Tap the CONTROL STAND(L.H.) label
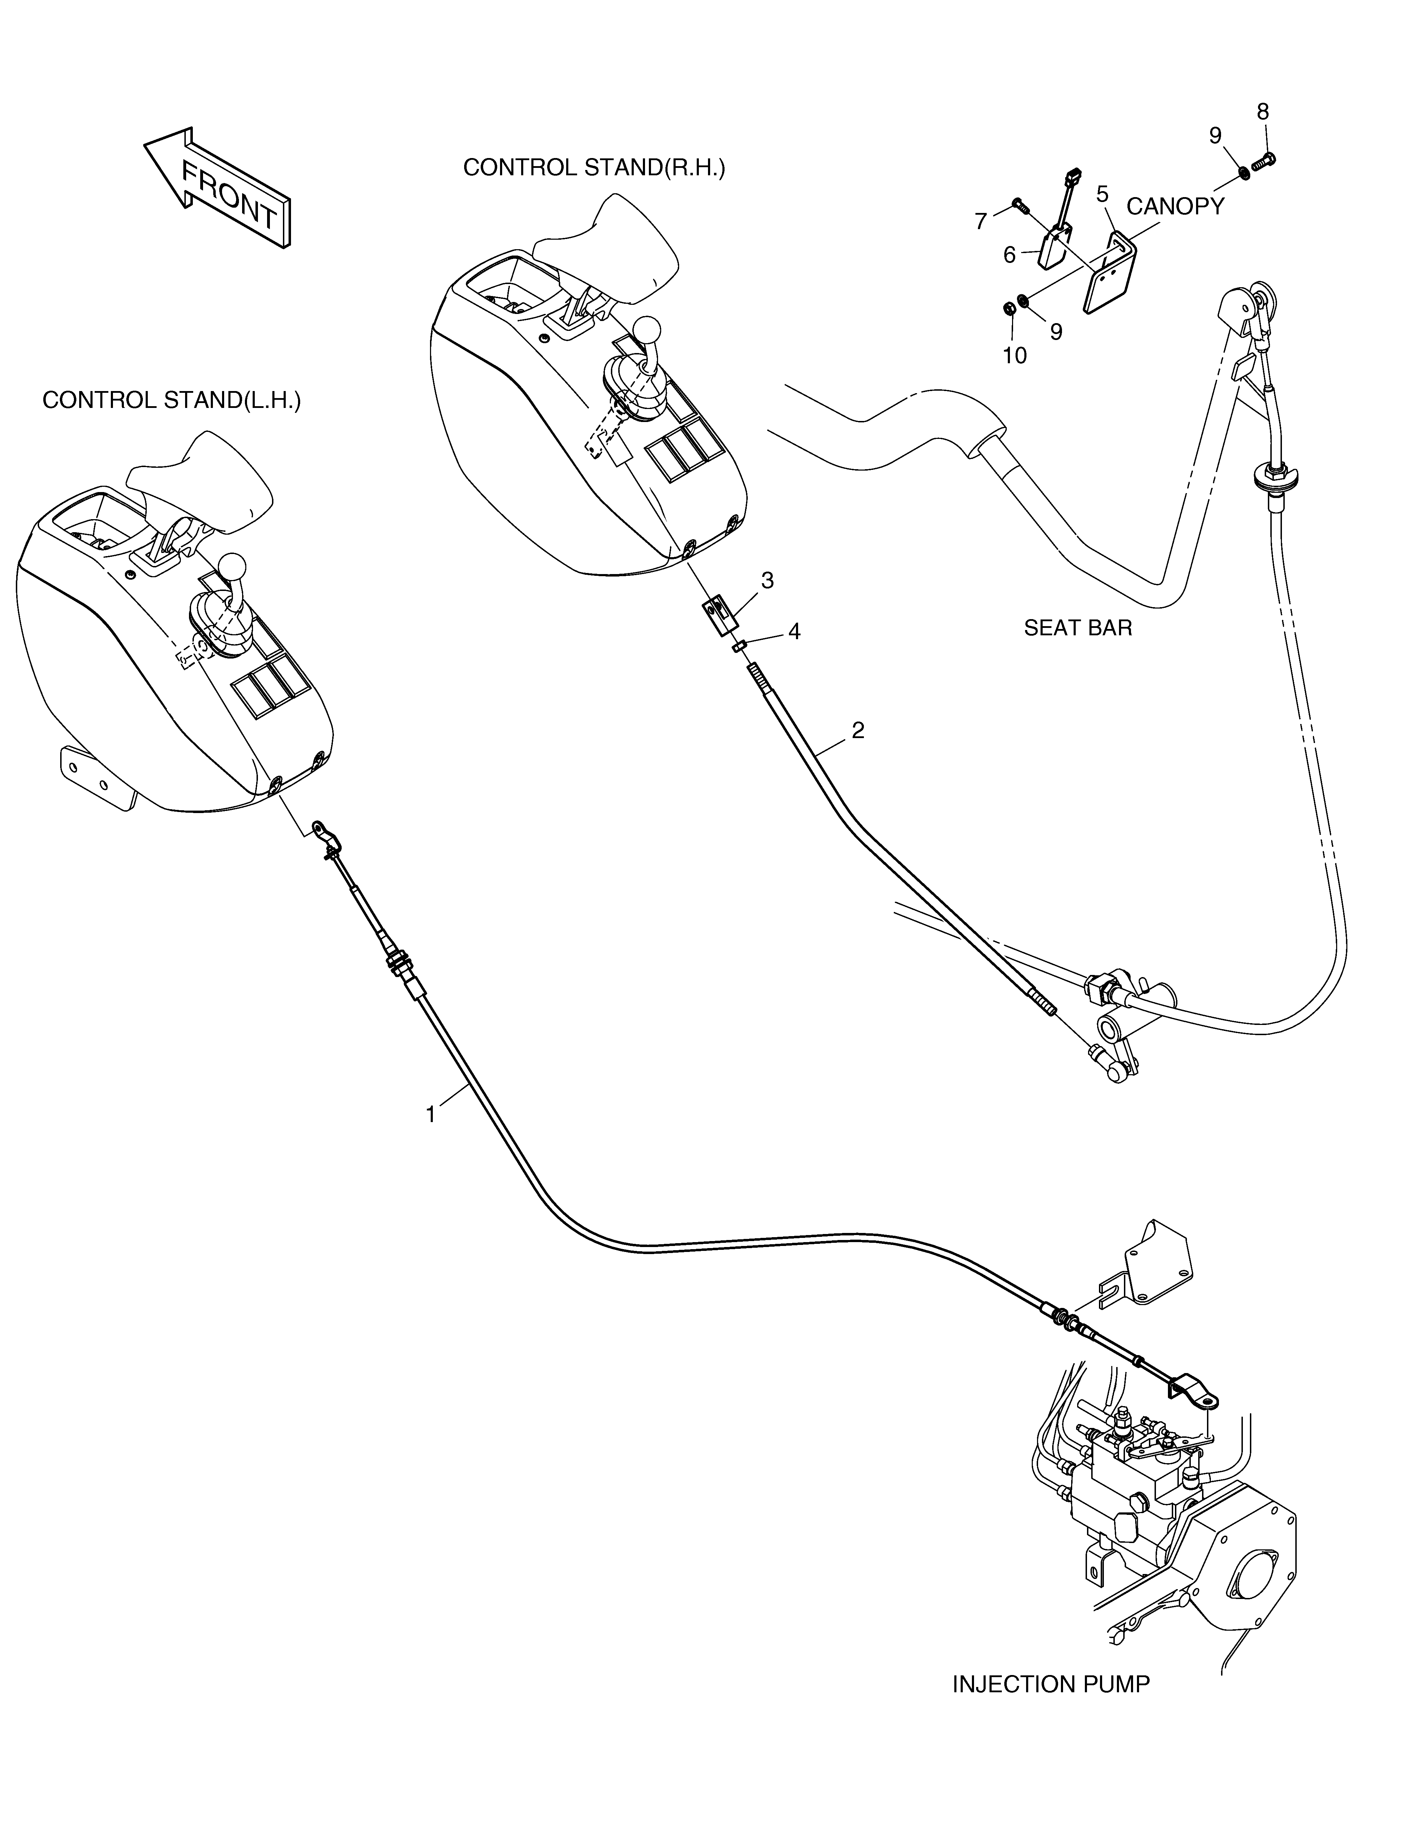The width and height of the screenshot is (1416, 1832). click(171, 400)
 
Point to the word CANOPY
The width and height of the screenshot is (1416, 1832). click(1175, 206)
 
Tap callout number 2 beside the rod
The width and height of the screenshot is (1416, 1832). click(857, 731)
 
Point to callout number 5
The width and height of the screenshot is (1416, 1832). click(1102, 195)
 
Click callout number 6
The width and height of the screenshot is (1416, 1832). click(1010, 255)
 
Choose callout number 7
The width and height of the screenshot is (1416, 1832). click(981, 221)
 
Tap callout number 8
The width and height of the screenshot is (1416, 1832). click(1263, 112)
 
